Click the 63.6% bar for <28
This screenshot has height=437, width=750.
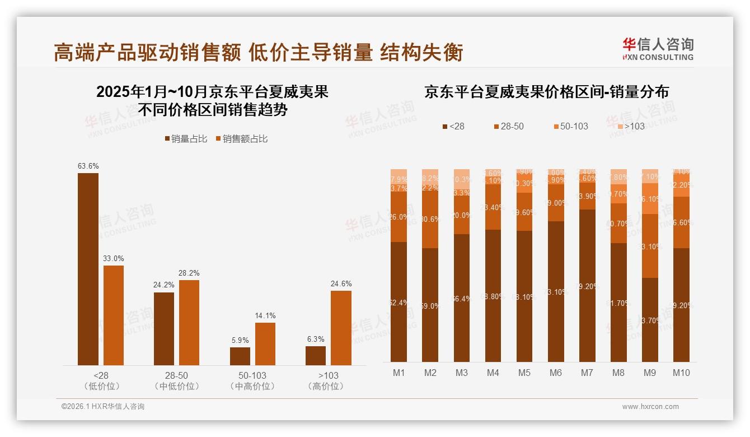click(x=88, y=269)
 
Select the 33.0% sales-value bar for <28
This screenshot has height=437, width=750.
click(x=114, y=315)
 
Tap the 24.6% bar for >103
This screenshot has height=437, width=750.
click(x=341, y=328)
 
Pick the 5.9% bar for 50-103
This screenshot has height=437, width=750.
click(x=240, y=356)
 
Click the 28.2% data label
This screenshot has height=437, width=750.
click(x=189, y=273)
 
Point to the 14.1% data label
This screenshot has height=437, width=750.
click(x=265, y=316)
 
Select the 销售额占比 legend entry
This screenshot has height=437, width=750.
click(x=241, y=139)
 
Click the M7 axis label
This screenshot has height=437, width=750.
click(x=587, y=373)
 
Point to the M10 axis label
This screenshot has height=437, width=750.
click(x=681, y=373)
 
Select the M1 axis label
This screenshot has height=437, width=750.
click(x=399, y=373)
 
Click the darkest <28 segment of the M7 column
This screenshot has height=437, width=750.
click(x=587, y=286)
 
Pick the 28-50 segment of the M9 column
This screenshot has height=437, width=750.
click(x=650, y=246)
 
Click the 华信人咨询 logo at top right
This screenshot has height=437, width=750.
click(x=658, y=49)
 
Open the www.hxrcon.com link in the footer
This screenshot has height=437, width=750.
click(x=650, y=407)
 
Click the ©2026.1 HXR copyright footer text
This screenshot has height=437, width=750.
click(x=103, y=407)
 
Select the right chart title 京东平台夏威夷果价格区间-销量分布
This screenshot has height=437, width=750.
click(x=546, y=92)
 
